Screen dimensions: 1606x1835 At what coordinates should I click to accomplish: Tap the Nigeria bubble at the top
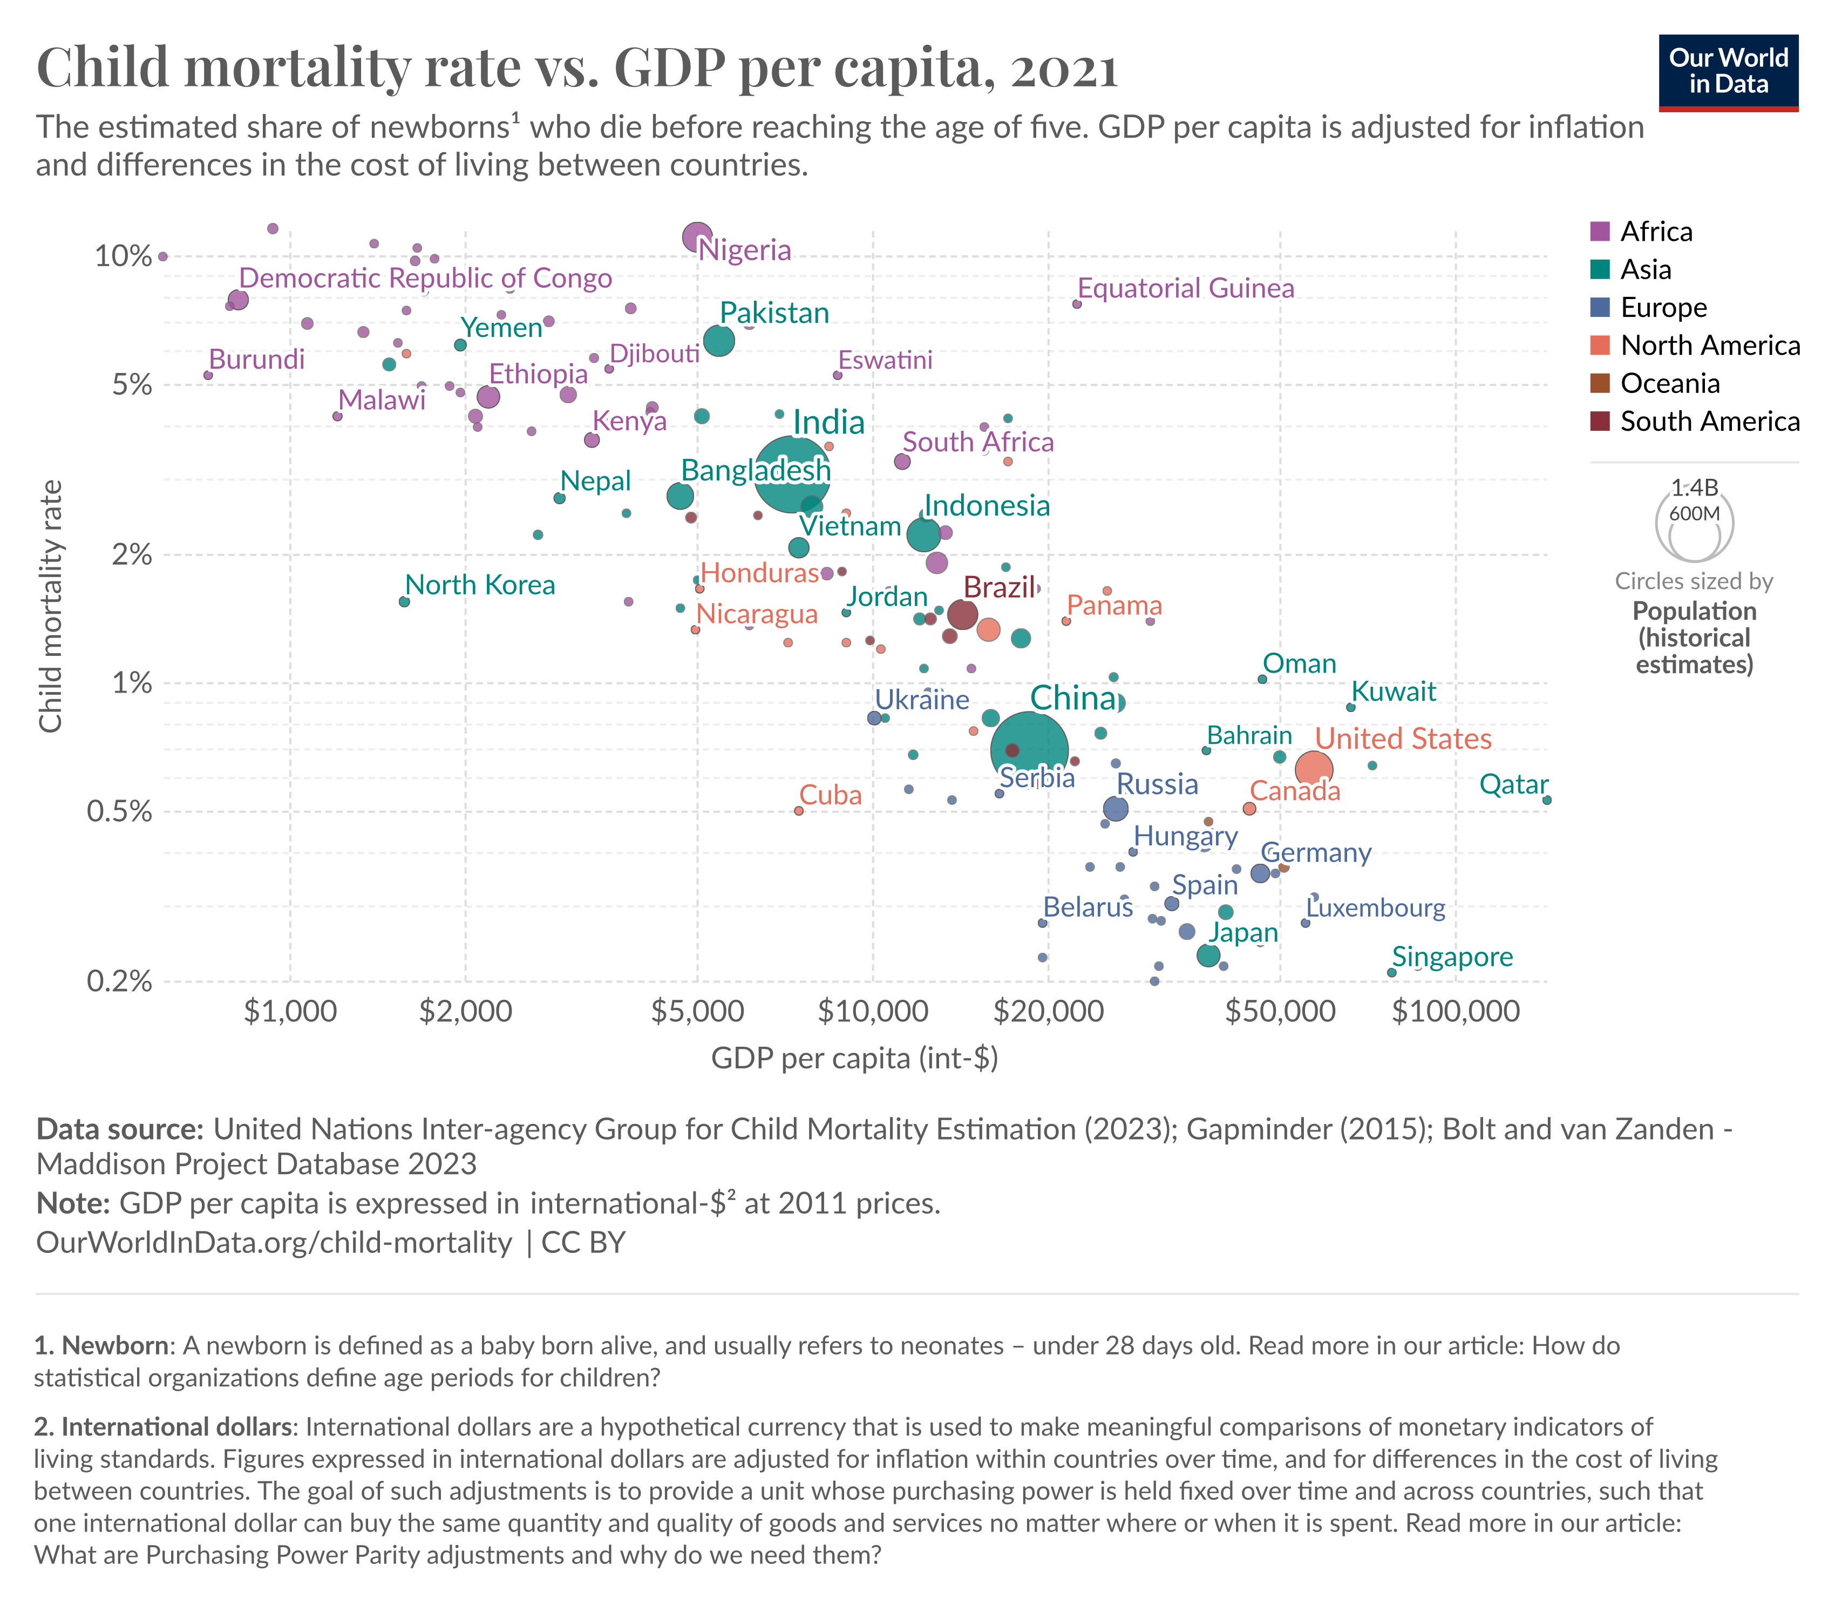(x=697, y=236)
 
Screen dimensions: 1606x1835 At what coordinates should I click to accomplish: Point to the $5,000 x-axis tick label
(x=697, y=1011)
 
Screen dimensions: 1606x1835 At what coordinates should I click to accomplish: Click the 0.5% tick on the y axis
(x=119, y=812)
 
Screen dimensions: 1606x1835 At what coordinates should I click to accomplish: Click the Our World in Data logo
(x=1728, y=72)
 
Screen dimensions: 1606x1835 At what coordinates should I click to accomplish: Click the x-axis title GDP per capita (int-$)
(x=854, y=1059)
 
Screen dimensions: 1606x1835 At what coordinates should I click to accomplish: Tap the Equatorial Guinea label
(x=1185, y=289)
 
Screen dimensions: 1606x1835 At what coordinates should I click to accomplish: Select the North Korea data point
(x=404, y=601)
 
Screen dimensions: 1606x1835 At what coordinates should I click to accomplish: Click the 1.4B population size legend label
(x=1694, y=487)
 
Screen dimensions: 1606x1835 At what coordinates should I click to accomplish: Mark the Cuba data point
(x=798, y=810)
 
